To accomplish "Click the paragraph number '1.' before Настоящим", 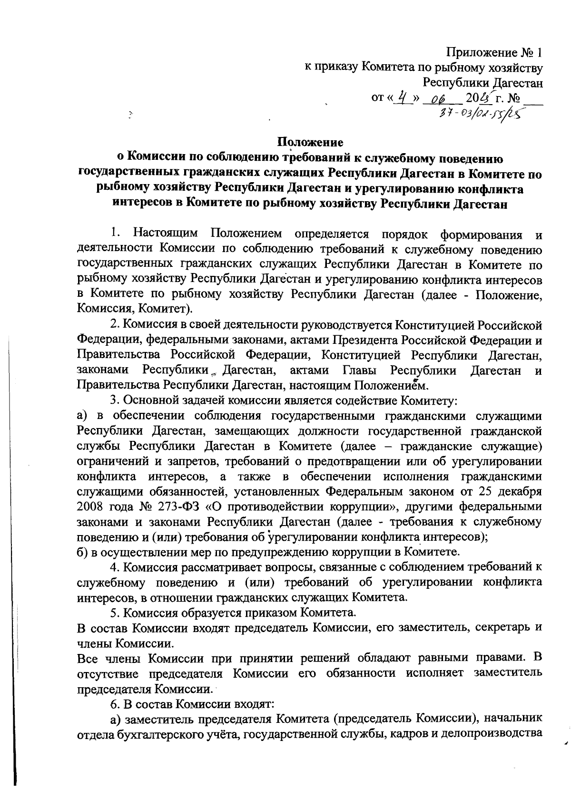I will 115,234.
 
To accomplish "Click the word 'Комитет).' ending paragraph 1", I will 166,310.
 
